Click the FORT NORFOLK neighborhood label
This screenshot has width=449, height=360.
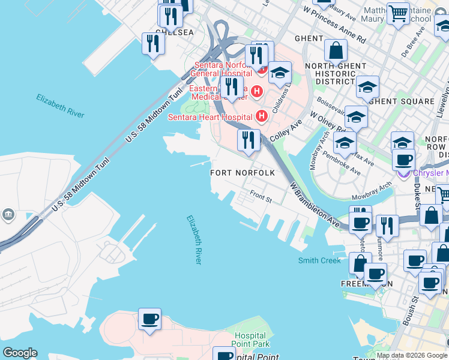pyautogui.click(x=243, y=173)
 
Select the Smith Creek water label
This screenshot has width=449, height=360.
pyautogui.click(x=319, y=260)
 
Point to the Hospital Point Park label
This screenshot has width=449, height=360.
pyautogui.click(x=252, y=340)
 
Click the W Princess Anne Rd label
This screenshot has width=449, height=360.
pyautogui.click(x=334, y=25)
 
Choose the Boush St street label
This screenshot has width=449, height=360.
pyautogui.click(x=410, y=311)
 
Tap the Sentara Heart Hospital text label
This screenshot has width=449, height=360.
pyautogui.click(x=210, y=116)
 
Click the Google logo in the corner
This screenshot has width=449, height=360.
pyautogui.click(x=20, y=353)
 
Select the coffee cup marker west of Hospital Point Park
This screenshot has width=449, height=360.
pyautogui.click(x=149, y=319)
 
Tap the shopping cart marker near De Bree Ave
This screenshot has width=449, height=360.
pyautogui.click(x=398, y=13)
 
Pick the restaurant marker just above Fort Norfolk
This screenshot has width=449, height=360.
pyautogui.click(x=248, y=140)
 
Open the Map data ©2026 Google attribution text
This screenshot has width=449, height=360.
pyautogui.click(x=412, y=355)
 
